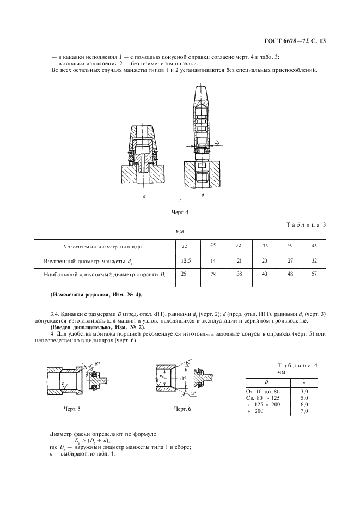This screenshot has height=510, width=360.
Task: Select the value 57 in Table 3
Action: click(x=314, y=274)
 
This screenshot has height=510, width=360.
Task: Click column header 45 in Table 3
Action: click(x=314, y=246)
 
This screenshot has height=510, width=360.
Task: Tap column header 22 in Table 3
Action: click(x=185, y=247)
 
